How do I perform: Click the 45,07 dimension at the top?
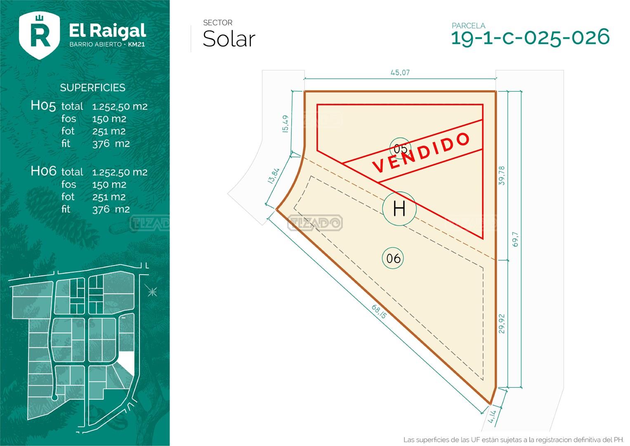coord(400,73)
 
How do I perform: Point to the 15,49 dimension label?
coord(285,124)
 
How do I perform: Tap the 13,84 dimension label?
coord(274,176)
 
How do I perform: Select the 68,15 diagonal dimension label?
coord(379,312)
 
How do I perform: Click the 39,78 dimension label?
coord(501,176)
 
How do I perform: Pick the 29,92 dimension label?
coord(501,324)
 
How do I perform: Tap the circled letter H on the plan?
coord(399,209)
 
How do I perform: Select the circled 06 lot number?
coord(393,258)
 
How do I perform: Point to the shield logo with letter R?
coord(39,36)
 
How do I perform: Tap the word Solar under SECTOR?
coord(229,39)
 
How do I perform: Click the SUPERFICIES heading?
coord(92,88)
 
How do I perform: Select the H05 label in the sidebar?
coord(43,106)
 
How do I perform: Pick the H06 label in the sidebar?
coord(43,171)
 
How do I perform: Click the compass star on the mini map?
coord(152,292)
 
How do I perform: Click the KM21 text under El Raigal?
coord(137,45)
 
